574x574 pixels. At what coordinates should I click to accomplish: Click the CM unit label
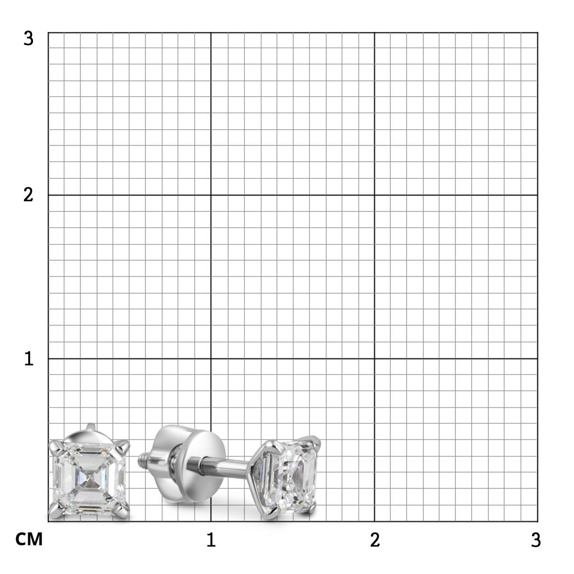pyautogui.click(x=29, y=539)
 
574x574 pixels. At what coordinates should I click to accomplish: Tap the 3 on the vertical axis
pyautogui.click(x=28, y=39)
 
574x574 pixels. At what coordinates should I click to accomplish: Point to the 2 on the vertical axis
pyautogui.click(x=28, y=195)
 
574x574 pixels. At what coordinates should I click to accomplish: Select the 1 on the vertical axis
pyautogui.click(x=29, y=358)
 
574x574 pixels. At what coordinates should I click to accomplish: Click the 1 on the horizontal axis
pyautogui.click(x=211, y=540)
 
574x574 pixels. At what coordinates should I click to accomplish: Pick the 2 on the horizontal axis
pyautogui.click(x=375, y=540)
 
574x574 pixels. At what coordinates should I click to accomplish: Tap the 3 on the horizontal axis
pyautogui.click(x=536, y=540)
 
